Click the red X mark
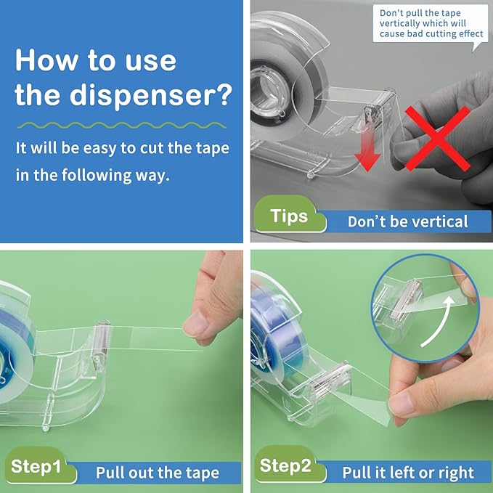pyautogui.click(x=437, y=139)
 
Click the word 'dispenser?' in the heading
pyautogui.click(x=151, y=95)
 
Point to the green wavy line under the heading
pyautogui.click(x=122, y=126)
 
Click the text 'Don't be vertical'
pyautogui.click(x=407, y=221)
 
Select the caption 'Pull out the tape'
pyautogui.click(x=158, y=473)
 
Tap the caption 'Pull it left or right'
pyautogui.click(x=408, y=473)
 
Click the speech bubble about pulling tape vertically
pyautogui.click(x=431, y=25)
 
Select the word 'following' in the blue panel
pyautogui.click(x=97, y=176)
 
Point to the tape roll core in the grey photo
pyautogui.click(x=266, y=89)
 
